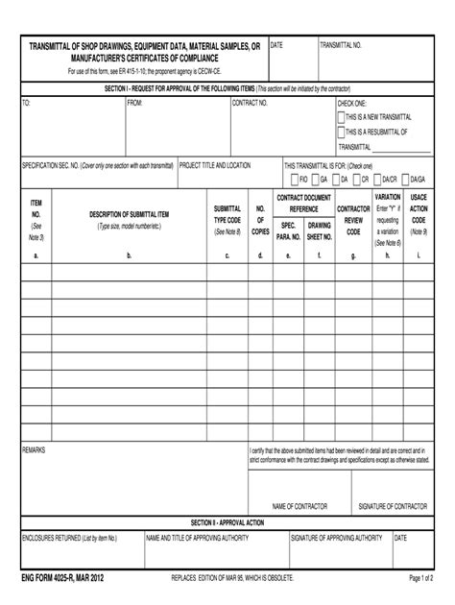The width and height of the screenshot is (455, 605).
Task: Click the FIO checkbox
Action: [x=293, y=179]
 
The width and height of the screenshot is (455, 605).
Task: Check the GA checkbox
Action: [x=315, y=179]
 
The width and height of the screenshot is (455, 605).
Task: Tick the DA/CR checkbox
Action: [x=376, y=179]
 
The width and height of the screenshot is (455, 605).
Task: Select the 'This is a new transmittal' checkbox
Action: [x=341, y=116]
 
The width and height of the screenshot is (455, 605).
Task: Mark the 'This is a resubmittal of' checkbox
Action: [x=341, y=132]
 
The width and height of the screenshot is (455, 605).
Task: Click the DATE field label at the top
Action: [x=276, y=45]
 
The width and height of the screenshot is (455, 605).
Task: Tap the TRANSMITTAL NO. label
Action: [x=340, y=45]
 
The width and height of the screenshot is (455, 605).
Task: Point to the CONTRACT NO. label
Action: [x=250, y=102]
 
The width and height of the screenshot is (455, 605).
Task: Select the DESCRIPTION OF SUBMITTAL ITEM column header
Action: [x=129, y=214]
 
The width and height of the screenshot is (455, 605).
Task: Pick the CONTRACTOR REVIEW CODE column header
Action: [x=354, y=220]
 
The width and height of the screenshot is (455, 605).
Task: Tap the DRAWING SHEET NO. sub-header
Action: [x=320, y=230]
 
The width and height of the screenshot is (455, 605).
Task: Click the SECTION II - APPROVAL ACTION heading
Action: [x=227, y=521]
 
